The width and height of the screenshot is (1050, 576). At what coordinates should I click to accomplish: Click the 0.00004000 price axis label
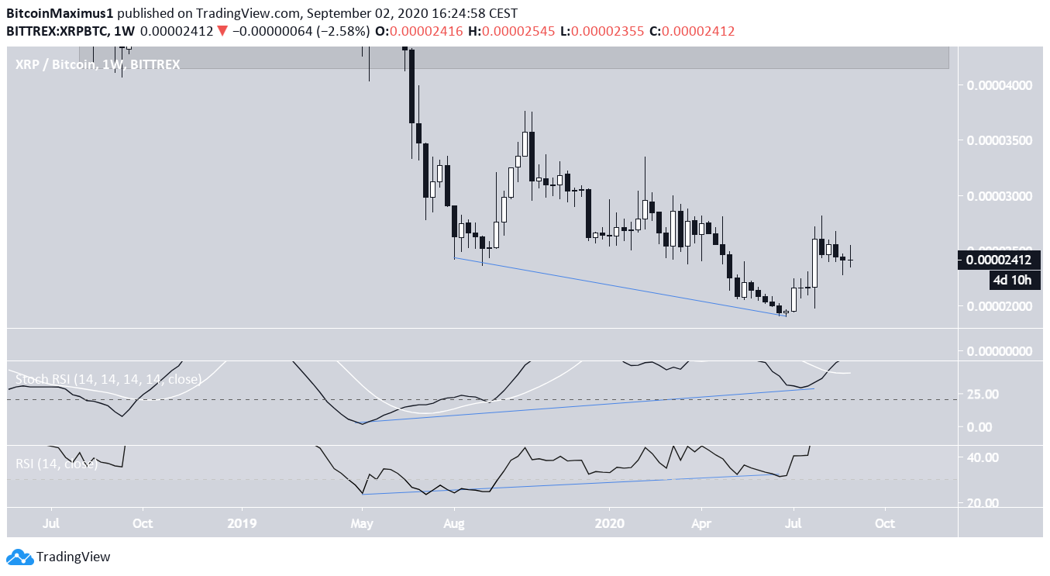[x=997, y=85]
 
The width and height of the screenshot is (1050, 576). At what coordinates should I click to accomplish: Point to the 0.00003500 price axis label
[x=997, y=140]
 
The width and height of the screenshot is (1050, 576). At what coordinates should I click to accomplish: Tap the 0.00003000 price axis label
[x=997, y=196]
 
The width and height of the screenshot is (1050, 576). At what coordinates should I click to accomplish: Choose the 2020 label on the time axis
[x=609, y=523]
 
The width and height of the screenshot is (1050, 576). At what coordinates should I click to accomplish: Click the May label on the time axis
[x=362, y=523]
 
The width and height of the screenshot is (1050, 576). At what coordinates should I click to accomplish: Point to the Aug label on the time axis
[x=454, y=523]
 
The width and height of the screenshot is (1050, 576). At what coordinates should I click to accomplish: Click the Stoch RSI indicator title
[x=108, y=379]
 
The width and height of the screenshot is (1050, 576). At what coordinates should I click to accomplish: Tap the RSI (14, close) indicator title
[x=57, y=464]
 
